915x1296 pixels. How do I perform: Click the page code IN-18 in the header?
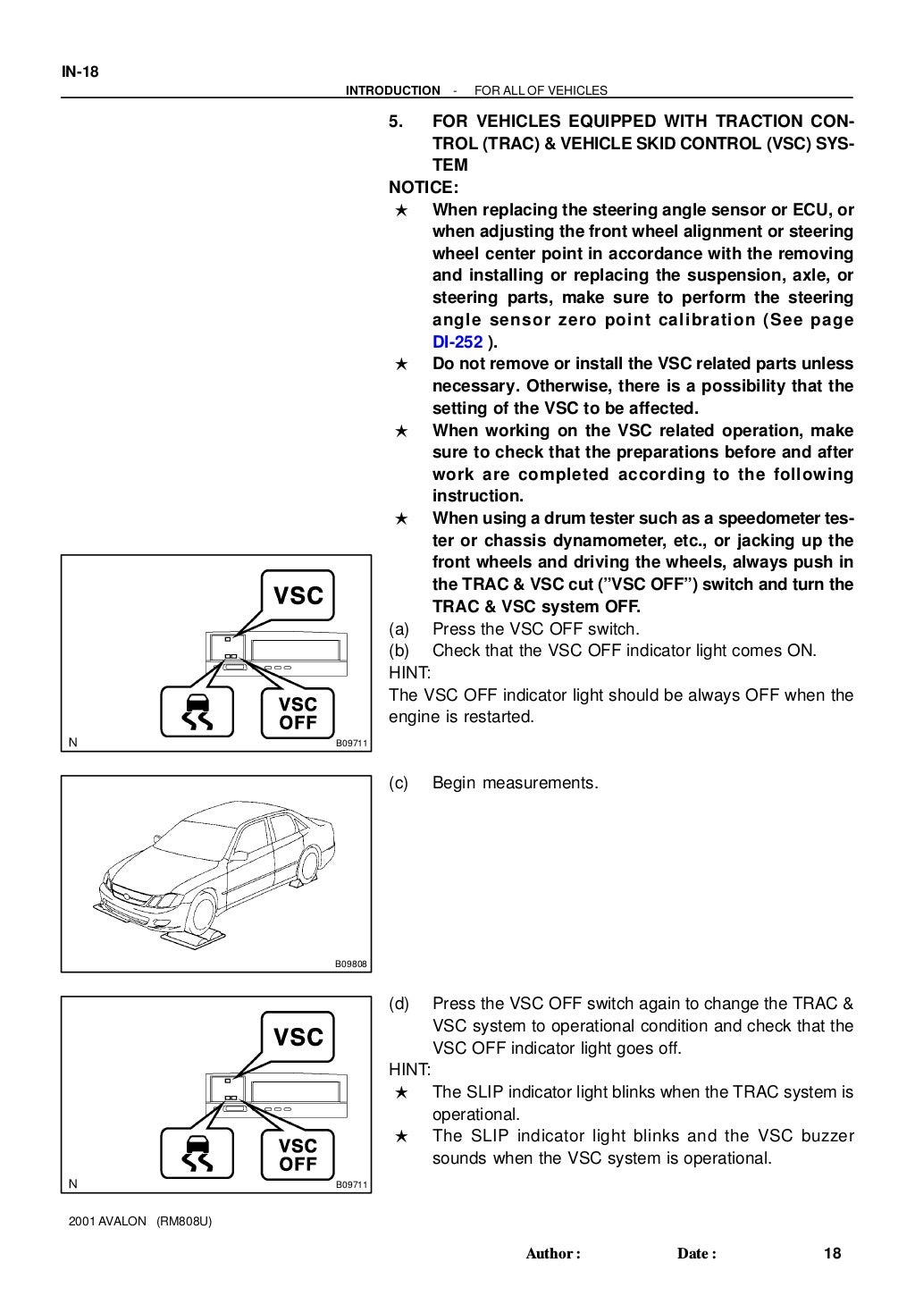tap(80, 72)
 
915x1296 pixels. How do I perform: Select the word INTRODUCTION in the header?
tap(392, 90)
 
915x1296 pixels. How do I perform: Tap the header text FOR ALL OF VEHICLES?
tap(540, 90)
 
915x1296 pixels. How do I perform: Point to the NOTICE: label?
tap(424, 188)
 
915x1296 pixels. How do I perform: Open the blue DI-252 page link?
tap(457, 342)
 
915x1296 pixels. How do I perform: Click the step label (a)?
tap(399, 629)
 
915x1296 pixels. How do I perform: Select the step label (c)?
tap(399, 784)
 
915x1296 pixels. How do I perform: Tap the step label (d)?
tap(399, 1005)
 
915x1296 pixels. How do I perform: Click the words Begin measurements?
tap(515, 784)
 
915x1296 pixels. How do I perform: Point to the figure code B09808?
tap(351, 964)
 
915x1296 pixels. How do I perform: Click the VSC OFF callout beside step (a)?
tap(298, 713)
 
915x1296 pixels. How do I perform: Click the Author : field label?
tap(553, 1254)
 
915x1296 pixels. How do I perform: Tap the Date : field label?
tap(697, 1254)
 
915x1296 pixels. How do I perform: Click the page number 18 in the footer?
tap(832, 1254)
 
